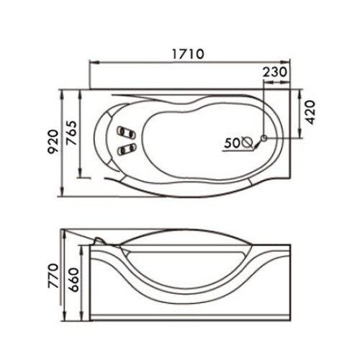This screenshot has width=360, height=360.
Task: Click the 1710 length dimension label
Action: coord(188,54)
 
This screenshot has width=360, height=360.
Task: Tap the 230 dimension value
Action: coord(275,72)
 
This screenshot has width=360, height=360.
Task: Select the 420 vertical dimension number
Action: coord(310,112)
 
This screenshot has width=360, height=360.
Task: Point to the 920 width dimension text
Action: coord(53,142)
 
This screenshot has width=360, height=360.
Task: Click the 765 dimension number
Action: coord(71,133)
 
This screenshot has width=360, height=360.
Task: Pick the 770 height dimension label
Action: coord(53,276)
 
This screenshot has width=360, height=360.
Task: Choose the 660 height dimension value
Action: coord(73,279)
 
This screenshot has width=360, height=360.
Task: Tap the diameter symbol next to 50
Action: coord(248,143)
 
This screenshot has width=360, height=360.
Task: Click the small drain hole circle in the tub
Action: coord(264,138)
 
